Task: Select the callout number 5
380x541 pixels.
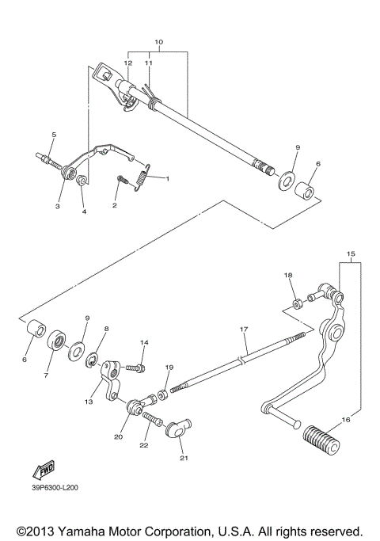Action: coord(54,135)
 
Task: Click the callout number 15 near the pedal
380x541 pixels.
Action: coord(351,255)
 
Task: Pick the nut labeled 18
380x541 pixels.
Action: coord(294,303)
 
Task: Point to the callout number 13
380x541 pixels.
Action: coord(89,402)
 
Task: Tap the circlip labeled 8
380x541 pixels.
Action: coord(93,363)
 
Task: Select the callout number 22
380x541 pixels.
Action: coord(144,447)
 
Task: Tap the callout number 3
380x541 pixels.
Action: coord(57,206)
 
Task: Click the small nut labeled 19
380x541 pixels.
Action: coord(163,394)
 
